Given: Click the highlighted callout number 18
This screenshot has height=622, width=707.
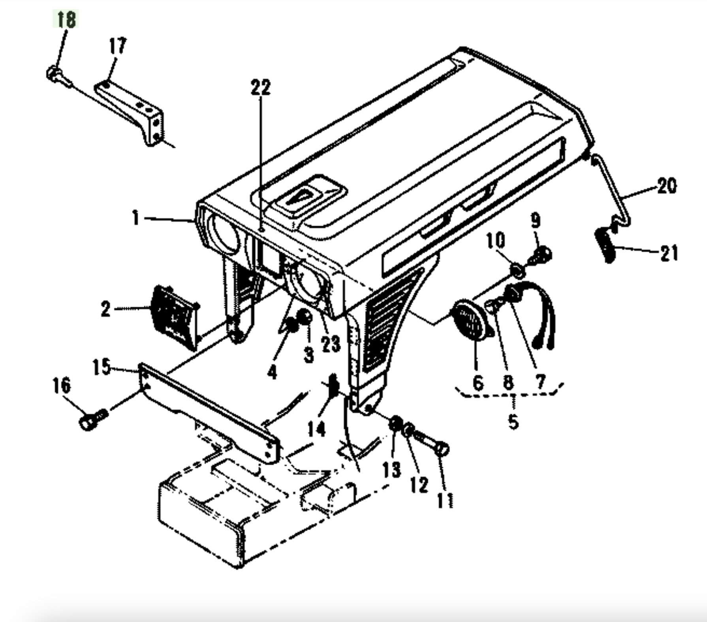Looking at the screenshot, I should (x=66, y=19).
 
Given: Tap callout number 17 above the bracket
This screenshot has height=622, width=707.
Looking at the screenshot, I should (x=117, y=46).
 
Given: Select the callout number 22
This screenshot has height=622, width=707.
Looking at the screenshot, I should (x=261, y=87).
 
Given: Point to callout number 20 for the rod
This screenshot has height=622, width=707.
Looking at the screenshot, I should (x=667, y=185).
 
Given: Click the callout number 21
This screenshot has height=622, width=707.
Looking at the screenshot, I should (x=669, y=253).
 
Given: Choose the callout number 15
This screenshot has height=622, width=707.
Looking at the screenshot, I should (x=102, y=367).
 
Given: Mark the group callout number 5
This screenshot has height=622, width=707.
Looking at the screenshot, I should (x=513, y=422).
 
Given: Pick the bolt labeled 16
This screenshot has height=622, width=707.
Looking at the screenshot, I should (x=93, y=420).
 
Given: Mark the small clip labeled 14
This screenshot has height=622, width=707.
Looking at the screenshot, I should (x=333, y=385).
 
